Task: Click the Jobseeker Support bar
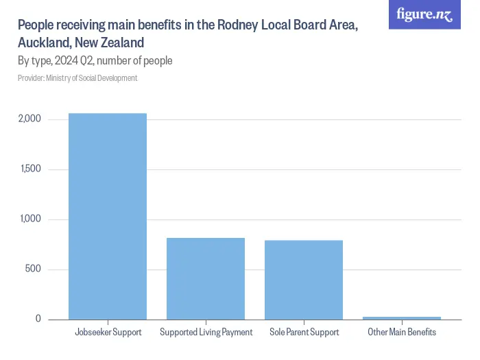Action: point(107,216)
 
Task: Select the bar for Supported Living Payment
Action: point(206,278)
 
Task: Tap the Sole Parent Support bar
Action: point(304,280)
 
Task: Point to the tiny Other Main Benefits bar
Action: point(402,318)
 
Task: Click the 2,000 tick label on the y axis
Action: point(30,119)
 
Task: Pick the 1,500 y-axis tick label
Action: point(31,169)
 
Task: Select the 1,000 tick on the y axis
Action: point(31,219)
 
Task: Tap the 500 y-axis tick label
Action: point(34,269)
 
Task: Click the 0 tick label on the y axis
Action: point(38,320)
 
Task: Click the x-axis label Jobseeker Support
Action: point(108,333)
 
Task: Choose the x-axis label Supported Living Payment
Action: point(206,333)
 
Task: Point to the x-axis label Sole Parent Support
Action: point(304,333)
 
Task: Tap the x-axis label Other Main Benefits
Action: point(402,333)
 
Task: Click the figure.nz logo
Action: point(424,14)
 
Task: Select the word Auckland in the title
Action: point(43,43)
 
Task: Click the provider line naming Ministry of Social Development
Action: point(77,78)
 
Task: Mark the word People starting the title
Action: point(35,25)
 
